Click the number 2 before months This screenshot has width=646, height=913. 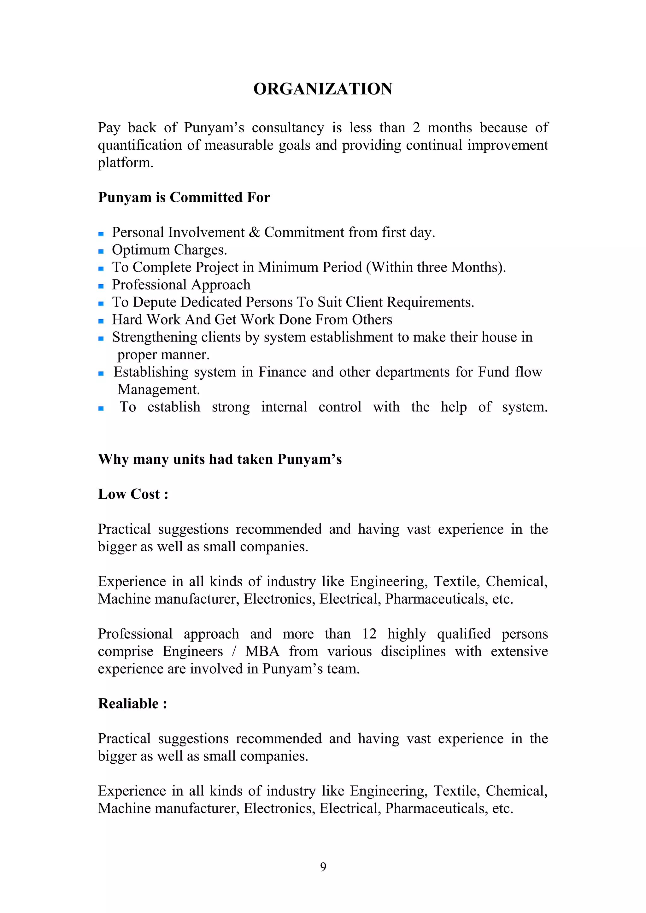pos(416,128)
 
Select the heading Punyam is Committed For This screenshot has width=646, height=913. pos(184,197)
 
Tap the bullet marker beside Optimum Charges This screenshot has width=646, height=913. pos(101,251)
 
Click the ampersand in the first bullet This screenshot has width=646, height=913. pos(254,232)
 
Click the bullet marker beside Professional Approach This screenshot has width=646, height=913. pos(101,286)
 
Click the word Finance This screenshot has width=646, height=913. pos(283,372)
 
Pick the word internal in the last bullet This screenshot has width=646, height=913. pos(284,407)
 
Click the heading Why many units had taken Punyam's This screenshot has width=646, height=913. pos(220,459)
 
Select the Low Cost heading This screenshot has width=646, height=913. pos(133,494)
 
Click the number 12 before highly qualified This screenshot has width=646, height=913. pos(369,634)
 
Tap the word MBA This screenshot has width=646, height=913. pos(262,651)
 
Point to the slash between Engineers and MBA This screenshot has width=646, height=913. pos(234,651)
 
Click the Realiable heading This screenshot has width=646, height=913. pos(132,703)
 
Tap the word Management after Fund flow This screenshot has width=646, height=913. pos(158,390)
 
